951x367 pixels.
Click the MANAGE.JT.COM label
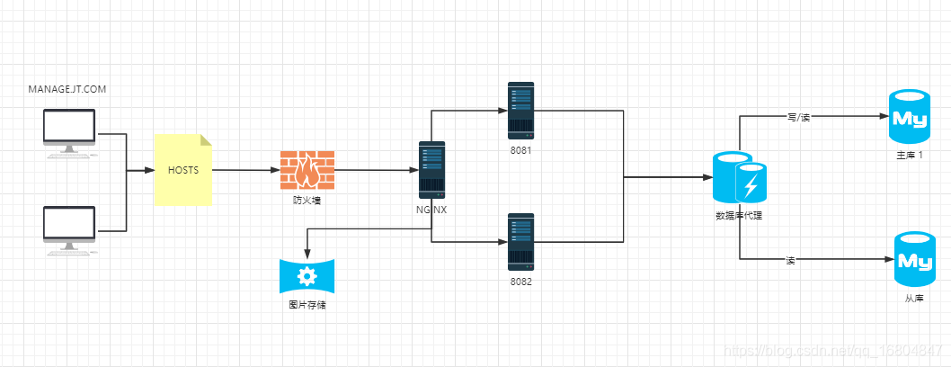(x=67, y=89)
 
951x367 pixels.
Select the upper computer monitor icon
(x=69, y=133)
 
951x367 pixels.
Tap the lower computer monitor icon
(x=69, y=230)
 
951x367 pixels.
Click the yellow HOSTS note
(x=183, y=170)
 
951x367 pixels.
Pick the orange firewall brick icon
(x=307, y=171)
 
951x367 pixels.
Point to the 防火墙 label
(x=303, y=201)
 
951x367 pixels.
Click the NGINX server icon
(x=431, y=170)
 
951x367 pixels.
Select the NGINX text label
(x=431, y=210)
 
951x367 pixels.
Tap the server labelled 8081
(x=521, y=111)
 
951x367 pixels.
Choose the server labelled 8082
(x=521, y=241)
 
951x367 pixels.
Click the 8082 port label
(x=521, y=282)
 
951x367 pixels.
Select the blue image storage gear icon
(x=307, y=276)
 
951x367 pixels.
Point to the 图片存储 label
(x=307, y=305)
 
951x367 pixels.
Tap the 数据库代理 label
(x=739, y=215)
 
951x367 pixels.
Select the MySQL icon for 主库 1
(x=909, y=116)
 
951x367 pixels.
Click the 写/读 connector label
(x=797, y=117)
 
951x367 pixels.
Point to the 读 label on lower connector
(x=790, y=260)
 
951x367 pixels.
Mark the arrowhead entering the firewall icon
(x=275, y=171)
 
